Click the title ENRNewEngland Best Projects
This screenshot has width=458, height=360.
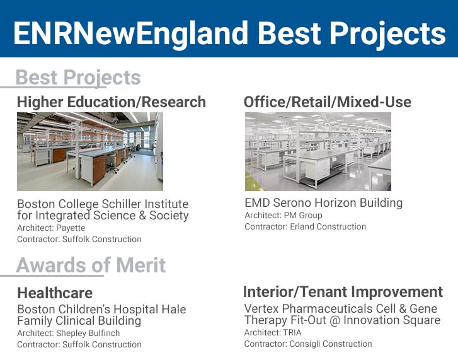pyautogui.click(x=229, y=32)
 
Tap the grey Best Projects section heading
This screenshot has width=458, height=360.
pyautogui.click(x=78, y=78)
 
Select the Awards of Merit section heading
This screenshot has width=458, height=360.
pyautogui.click(x=91, y=265)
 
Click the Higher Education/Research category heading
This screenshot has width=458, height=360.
pyautogui.click(x=111, y=102)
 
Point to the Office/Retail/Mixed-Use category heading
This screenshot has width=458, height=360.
pyautogui.click(x=327, y=102)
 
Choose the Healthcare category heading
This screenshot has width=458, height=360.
pyautogui.click(x=55, y=293)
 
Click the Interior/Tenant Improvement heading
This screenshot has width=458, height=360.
pyautogui.click(x=343, y=292)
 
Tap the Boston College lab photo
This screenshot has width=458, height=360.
pyautogui.click(x=89, y=151)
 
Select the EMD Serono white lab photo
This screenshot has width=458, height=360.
pyautogui.click(x=318, y=151)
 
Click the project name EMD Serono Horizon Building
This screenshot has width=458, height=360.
pyautogui.click(x=323, y=203)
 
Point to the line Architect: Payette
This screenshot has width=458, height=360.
pyautogui.click(x=51, y=228)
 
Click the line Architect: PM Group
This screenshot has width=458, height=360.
pyautogui.click(x=283, y=215)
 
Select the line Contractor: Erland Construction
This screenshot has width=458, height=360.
pyautogui.click(x=305, y=226)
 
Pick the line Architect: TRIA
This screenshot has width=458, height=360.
pyautogui.click(x=273, y=332)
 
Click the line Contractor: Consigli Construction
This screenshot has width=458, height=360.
pyautogui.click(x=308, y=344)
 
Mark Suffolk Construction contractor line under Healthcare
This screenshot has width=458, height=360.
pyautogui.click(x=79, y=344)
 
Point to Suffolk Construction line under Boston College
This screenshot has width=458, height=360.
pyautogui.click(x=79, y=239)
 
